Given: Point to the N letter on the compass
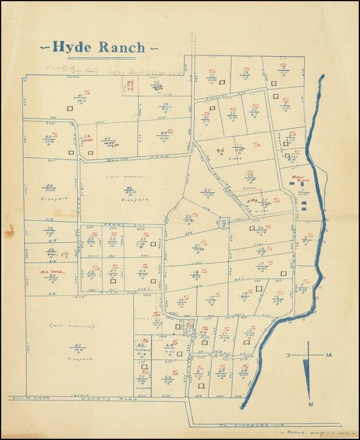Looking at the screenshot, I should point(310,405).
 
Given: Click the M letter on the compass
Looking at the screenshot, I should point(329,356).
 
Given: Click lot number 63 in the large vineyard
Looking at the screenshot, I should point(78,345).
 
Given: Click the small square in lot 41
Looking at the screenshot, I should point(70,108).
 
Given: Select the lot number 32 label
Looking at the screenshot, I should point(211,76).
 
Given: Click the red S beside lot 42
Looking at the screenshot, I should point(54,135).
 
